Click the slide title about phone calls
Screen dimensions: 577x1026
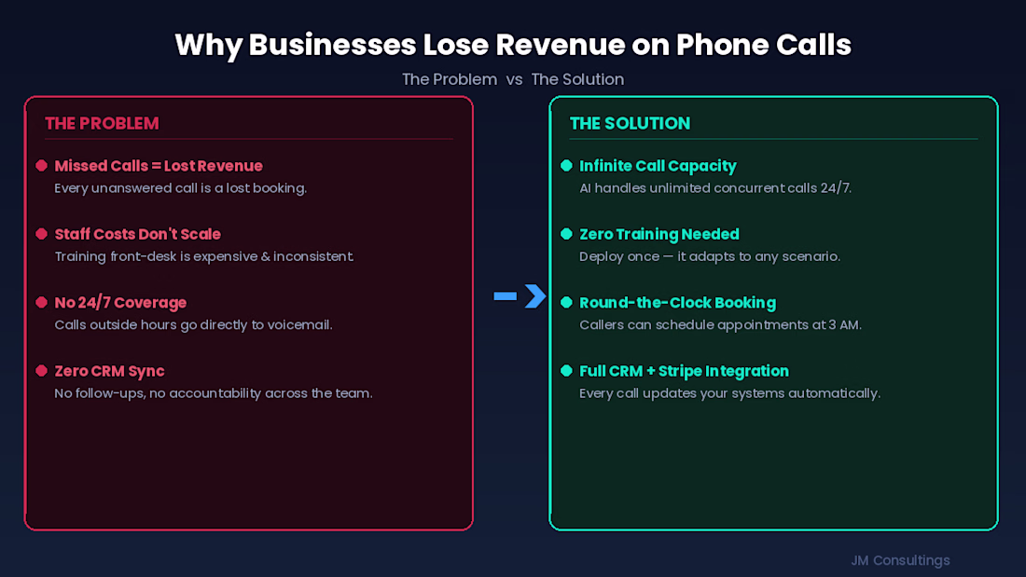coord(513,44)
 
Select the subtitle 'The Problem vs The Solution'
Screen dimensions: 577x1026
coord(513,79)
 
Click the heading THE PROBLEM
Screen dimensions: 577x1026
coord(102,123)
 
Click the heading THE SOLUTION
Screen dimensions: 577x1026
coord(630,123)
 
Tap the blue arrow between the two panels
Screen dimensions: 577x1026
coord(520,296)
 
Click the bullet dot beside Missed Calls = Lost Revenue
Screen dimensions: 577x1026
coord(41,166)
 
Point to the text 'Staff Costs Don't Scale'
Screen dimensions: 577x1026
coord(137,234)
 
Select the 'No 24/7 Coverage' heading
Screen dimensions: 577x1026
coord(120,303)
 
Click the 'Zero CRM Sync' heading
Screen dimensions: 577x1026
coord(109,371)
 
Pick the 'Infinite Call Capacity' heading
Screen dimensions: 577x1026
coord(658,166)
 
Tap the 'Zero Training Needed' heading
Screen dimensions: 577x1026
coord(659,234)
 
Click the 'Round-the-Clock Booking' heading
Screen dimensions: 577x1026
coord(677,303)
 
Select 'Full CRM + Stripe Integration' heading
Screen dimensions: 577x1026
coord(684,371)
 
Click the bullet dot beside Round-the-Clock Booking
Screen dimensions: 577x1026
coord(566,303)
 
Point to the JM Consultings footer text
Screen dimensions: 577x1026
coord(900,560)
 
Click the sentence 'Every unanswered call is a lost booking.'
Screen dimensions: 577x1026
coord(180,188)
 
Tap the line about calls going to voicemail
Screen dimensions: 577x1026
coord(193,325)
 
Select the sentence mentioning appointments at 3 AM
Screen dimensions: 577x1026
coord(720,325)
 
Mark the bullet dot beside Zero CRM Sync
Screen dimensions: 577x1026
coord(41,371)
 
